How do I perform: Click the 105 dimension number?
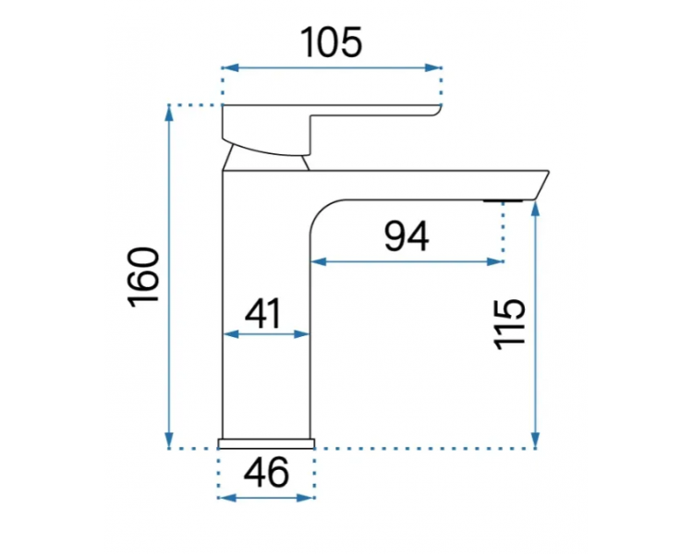[x=332, y=42]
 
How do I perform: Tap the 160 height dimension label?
[x=143, y=277]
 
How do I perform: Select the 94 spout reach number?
[x=407, y=236]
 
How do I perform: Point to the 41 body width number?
[x=263, y=313]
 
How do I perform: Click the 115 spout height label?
[x=509, y=325]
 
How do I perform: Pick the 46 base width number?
[x=266, y=472]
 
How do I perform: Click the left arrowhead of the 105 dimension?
[x=230, y=67]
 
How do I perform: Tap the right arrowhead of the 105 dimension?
[x=433, y=67]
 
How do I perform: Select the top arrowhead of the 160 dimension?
[x=169, y=114]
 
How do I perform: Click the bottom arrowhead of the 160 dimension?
[x=169, y=440]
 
